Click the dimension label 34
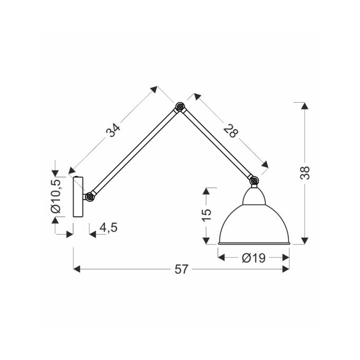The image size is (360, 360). (x=113, y=130)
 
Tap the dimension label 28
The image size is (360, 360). (x=231, y=131)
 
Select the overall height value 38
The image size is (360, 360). (x=305, y=173)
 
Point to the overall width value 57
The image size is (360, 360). (x=182, y=269)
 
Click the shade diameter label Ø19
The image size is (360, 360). (x=254, y=258)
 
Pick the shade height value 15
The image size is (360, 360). (x=206, y=215)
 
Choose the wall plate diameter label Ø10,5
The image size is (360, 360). (x=56, y=196)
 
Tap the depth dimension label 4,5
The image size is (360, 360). (x=109, y=228)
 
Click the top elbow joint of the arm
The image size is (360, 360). (x=179, y=106)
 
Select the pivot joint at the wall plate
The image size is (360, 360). (x=90, y=196)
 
